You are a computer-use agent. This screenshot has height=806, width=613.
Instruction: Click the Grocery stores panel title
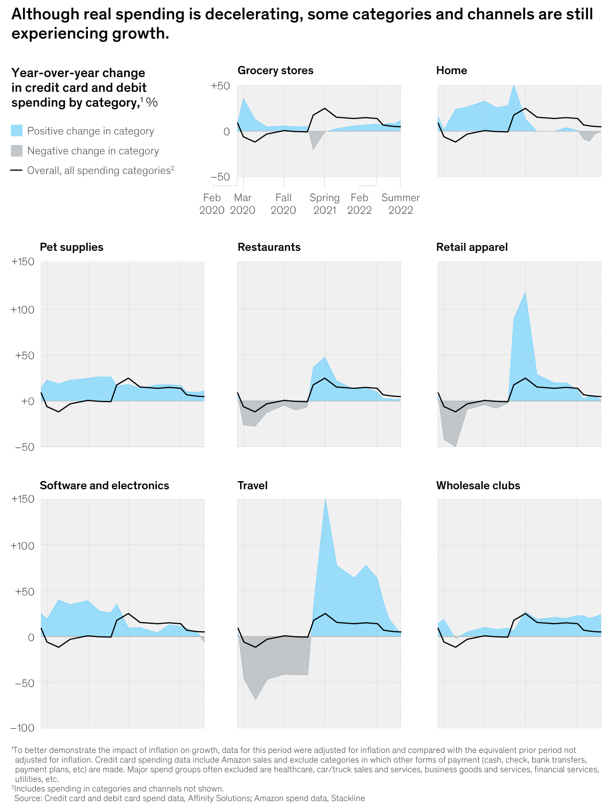click(275, 70)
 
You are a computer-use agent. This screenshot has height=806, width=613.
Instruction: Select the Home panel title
click(452, 70)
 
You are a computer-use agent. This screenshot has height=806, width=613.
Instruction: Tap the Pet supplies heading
click(72, 247)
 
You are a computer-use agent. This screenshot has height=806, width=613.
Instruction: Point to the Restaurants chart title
click(269, 247)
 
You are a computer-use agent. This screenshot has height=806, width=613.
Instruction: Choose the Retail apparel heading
click(472, 247)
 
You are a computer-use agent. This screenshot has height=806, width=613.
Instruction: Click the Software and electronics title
click(104, 486)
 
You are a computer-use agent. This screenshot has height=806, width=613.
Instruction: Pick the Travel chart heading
click(252, 486)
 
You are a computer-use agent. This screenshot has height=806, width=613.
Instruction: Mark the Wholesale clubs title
click(478, 486)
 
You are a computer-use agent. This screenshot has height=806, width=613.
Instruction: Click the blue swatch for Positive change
click(17, 131)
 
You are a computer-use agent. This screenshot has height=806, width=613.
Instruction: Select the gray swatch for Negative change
click(17, 151)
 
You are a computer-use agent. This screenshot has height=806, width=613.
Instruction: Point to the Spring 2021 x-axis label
click(324, 204)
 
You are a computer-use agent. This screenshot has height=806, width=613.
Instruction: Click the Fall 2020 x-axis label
click(284, 204)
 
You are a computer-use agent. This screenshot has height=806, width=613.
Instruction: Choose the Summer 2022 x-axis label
click(400, 204)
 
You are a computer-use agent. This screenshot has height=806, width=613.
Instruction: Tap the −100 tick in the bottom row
click(23, 727)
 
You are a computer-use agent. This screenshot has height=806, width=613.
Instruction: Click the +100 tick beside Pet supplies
click(23, 310)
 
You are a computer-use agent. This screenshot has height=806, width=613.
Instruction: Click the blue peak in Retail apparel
click(525, 301)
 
